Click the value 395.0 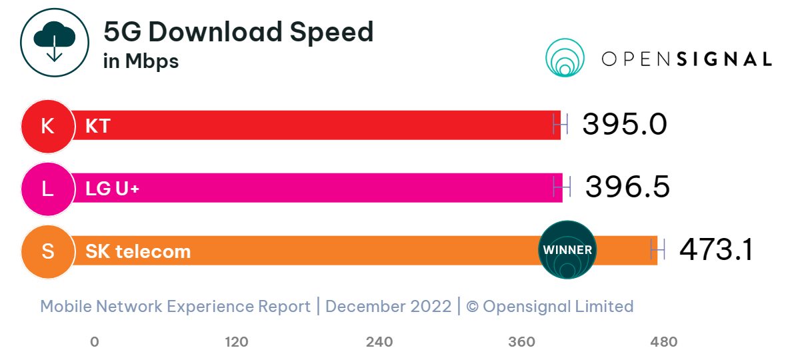(x=625, y=125)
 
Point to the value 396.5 (x=627, y=187)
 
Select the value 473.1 (x=716, y=250)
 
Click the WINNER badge (x=567, y=250)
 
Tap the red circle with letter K (x=47, y=125)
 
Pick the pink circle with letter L (x=47, y=188)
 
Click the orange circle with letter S (x=47, y=251)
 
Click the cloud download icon (x=54, y=43)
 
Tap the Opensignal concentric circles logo (x=565, y=57)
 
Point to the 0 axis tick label (x=95, y=342)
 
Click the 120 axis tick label (x=237, y=342)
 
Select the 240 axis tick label (x=379, y=342)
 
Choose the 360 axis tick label (x=521, y=342)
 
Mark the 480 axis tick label (x=663, y=342)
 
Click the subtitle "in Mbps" (x=141, y=61)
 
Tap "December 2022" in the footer (x=388, y=307)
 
